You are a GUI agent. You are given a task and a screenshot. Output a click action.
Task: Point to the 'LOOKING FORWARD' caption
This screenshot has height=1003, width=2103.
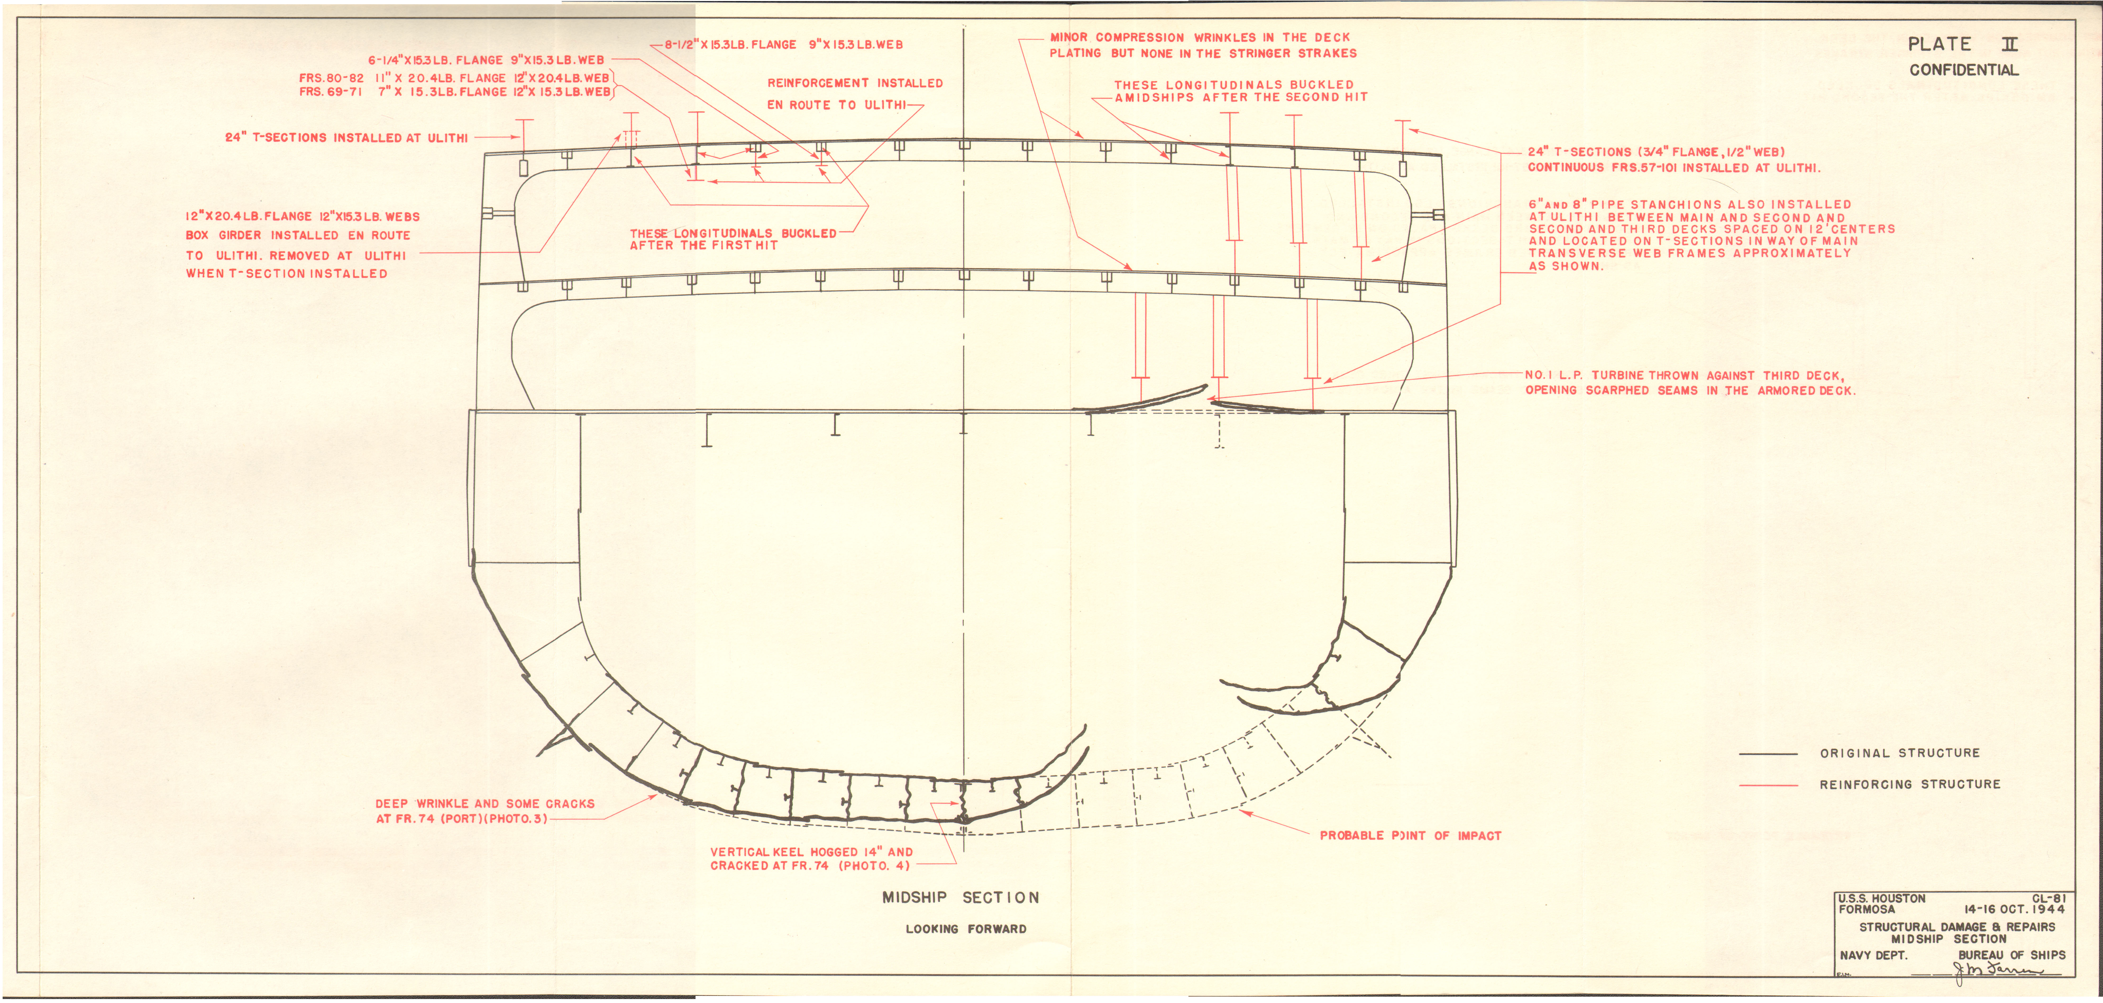(x=966, y=929)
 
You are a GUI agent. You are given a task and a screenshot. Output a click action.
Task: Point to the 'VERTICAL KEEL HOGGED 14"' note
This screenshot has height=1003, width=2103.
(x=811, y=852)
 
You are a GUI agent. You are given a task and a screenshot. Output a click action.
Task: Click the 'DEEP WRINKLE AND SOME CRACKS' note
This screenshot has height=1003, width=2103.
(x=485, y=804)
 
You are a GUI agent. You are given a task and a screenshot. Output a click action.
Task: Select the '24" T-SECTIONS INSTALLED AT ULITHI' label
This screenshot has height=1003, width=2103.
(x=346, y=138)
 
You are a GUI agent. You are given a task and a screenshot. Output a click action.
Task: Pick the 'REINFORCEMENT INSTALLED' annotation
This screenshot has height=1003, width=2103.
(x=855, y=83)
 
